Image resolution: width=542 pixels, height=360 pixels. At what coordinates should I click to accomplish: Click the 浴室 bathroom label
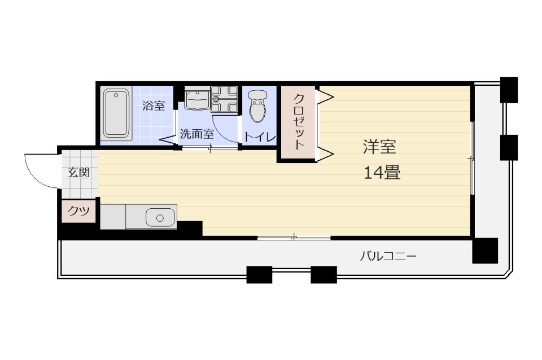coord(154,106)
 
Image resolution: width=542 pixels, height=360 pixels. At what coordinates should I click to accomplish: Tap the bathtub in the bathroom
coord(116,113)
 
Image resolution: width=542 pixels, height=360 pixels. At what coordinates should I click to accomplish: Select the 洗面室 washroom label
coord(196,134)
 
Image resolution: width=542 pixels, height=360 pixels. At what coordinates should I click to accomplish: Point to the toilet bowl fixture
coord(257,106)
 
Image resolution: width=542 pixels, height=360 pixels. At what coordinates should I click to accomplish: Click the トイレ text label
coord(260,137)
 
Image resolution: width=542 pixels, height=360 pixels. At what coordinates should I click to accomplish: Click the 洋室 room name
coord(379,148)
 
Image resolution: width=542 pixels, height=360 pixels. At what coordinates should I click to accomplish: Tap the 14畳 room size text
coord(382,173)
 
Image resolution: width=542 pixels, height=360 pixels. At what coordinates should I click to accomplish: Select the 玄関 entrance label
coord(78,173)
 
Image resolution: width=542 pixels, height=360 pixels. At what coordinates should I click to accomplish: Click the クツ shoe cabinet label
coord(78,211)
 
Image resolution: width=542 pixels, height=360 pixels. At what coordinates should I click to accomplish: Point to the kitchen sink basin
coord(160,217)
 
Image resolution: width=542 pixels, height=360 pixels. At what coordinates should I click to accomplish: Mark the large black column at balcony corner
coord(484,251)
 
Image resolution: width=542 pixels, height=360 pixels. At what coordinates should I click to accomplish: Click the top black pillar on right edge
coord(509,89)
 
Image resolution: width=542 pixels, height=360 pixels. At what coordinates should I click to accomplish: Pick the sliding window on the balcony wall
coord(294,238)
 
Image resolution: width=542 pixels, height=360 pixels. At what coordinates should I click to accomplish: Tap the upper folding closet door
coord(326,95)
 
